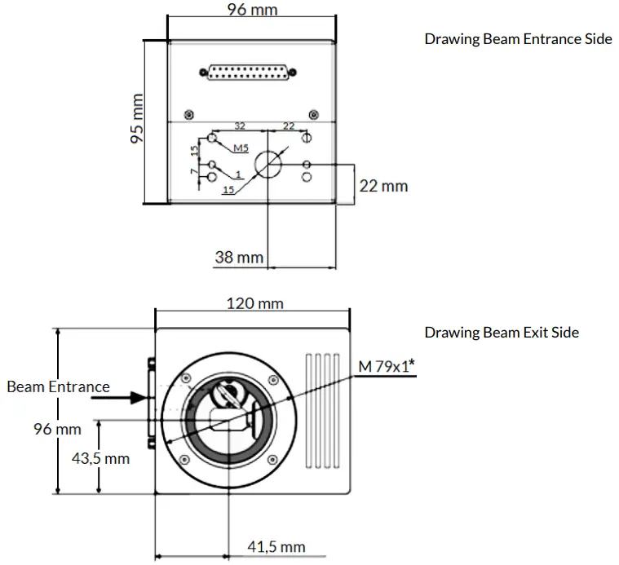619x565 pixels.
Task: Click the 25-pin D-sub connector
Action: (247, 74)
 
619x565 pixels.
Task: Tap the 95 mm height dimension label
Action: (135, 119)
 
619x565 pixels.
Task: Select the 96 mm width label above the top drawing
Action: (250, 10)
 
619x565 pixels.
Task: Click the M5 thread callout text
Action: (241, 148)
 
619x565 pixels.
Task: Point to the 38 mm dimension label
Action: (239, 258)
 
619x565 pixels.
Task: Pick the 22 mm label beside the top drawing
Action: (383, 186)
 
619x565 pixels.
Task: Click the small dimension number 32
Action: (240, 126)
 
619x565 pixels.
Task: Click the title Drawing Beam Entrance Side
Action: (518, 39)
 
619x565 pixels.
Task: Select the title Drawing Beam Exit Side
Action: (502, 332)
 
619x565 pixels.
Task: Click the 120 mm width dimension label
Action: (255, 303)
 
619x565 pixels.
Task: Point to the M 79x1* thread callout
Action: (387, 367)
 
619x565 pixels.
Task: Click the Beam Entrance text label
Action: (58, 386)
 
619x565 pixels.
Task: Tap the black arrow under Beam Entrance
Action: (129, 399)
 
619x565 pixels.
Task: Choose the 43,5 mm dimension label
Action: (100, 458)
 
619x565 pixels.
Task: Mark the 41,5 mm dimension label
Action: (276, 546)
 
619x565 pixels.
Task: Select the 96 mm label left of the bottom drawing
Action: (57, 428)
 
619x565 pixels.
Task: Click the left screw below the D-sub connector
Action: (189, 113)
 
